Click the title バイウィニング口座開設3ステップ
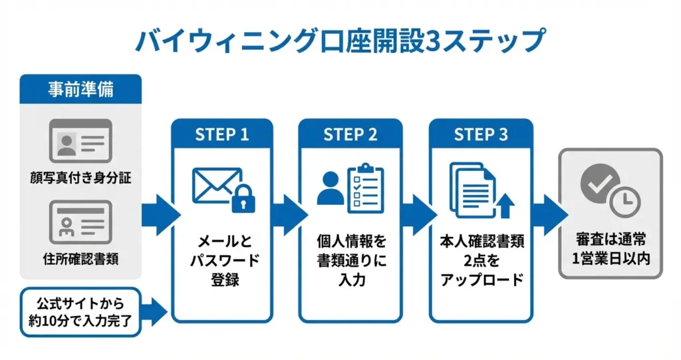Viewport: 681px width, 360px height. tap(340, 39)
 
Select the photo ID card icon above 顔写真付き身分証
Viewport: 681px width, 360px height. tap(80, 142)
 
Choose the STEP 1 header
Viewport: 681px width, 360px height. tap(221, 134)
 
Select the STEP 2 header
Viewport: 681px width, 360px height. tap(350, 134)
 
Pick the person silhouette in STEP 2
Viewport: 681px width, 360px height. tap(330, 189)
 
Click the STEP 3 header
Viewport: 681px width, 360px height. tap(480, 134)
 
